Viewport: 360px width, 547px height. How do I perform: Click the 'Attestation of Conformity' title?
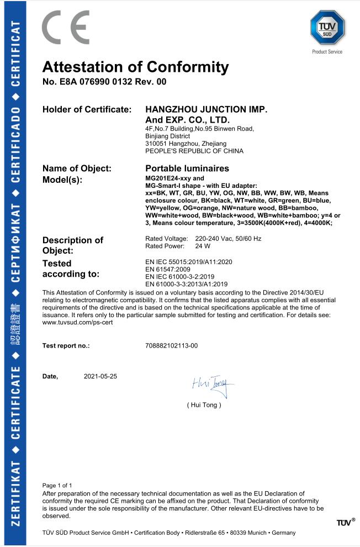pyautogui.click(x=135, y=68)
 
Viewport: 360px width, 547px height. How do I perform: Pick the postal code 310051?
pyautogui.click(x=155, y=143)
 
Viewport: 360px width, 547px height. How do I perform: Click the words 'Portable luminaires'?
pyautogui.click(x=187, y=168)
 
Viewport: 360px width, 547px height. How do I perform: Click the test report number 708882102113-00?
pyautogui.click(x=171, y=345)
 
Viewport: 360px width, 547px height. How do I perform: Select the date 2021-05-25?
pyautogui.click(x=100, y=376)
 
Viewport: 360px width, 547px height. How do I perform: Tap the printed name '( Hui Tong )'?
pyautogui.click(x=204, y=405)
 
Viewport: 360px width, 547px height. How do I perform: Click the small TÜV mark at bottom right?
pyautogui.click(x=345, y=522)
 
